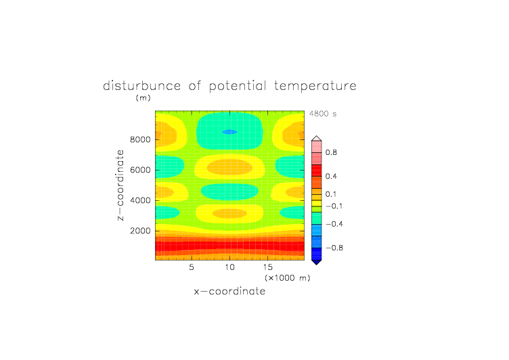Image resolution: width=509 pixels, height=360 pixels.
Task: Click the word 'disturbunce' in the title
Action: pos(142,86)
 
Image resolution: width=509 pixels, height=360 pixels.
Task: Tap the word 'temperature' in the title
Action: pos(315,86)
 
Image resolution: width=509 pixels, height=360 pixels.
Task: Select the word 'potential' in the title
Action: pos(238,86)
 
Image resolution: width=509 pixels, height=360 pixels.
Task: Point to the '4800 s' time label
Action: pos(323,114)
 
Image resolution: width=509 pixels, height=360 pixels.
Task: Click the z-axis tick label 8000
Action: pos(140,139)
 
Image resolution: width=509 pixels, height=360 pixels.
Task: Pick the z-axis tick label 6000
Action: pos(140,170)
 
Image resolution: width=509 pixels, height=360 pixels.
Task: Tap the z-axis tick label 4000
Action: pos(140,200)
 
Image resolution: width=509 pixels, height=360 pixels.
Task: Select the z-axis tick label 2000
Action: pos(140,231)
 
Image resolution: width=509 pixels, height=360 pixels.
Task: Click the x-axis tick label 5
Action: pos(192,267)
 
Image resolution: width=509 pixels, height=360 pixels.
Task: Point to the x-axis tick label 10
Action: pos(230,267)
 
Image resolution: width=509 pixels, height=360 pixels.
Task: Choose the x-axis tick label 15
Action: pos(268,267)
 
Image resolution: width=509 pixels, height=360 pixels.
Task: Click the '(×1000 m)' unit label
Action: pos(288,278)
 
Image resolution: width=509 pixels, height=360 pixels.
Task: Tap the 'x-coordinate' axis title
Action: pos(230,291)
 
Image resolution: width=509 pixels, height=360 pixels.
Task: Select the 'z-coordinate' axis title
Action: pos(120,185)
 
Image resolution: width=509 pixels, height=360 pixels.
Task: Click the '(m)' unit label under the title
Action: pos(143,97)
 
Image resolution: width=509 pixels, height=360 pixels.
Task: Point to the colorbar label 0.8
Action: pos(331,152)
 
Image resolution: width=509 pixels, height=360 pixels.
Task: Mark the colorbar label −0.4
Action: pos(334,224)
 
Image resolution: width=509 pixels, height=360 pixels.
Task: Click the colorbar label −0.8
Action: pos(334,248)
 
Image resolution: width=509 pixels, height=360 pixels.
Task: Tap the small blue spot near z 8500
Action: pos(229,132)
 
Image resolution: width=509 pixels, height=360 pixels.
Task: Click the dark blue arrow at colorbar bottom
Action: pos(317,262)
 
